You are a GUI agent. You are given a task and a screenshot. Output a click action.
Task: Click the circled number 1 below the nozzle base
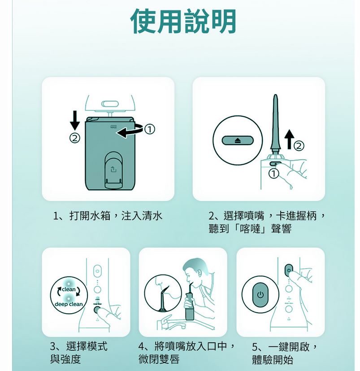[x=273, y=174]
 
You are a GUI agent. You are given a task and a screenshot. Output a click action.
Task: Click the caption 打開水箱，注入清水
[x=108, y=216]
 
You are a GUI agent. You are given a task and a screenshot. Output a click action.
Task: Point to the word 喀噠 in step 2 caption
[x=253, y=229]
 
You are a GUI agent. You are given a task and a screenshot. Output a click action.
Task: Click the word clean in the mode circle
[x=69, y=289]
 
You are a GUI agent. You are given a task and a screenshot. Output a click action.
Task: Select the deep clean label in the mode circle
[x=69, y=305]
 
